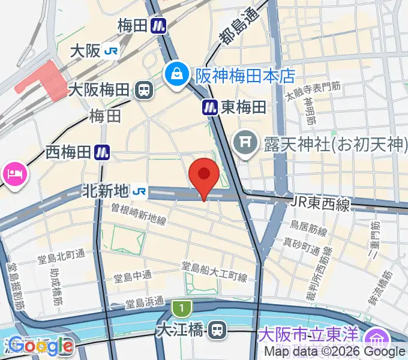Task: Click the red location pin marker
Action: pyautogui.click(x=204, y=175)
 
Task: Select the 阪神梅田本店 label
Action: pyautogui.click(x=245, y=76)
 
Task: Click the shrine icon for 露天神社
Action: pyautogui.click(x=245, y=142)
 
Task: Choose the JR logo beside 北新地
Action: pyautogui.click(x=140, y=191)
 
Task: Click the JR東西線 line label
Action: pyautogui.click(x=320, y=205)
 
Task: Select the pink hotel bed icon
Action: pyautogui.click(x=13, y=175)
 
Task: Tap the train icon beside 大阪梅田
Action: pyautogui.click(x=143, y=91)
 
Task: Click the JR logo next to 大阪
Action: pyautogui.click(x=110, y=52)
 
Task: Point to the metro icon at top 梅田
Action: pyautogui.click(x=158, y=26)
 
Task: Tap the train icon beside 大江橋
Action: pyautogui.click(x=218, y=329)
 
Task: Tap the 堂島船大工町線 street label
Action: pyautogui.click(x=215, y=271)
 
